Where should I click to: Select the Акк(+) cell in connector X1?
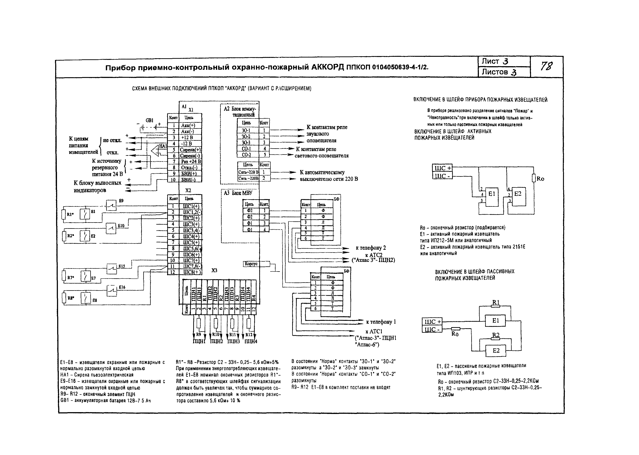[x=188, y=126]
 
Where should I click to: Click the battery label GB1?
[x=149, y=120]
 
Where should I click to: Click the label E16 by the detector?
[x=122, y=287]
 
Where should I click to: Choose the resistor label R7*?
[x=71, y=278]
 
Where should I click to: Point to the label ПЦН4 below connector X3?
[x=251, y=342]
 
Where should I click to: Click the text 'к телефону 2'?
[x=371, y=248]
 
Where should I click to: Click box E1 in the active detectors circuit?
[x=492, y=194]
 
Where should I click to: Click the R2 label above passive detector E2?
[x=496, y=335]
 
